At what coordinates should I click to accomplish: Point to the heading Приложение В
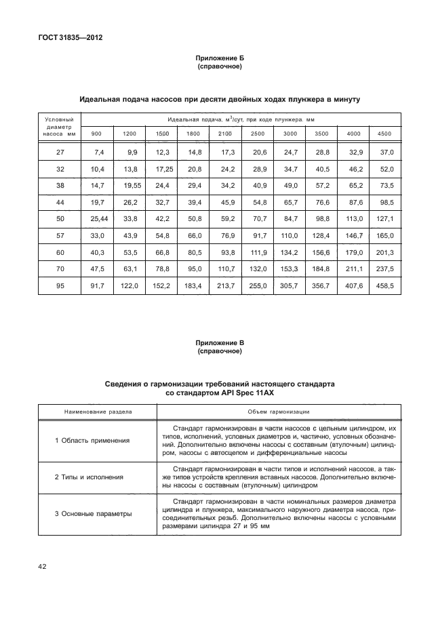[219, 344]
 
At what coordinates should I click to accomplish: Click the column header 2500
[258, 134]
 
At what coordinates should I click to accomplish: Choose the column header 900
[97, 134]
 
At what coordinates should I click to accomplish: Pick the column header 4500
[384, 134]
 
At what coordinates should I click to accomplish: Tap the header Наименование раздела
[98, 411]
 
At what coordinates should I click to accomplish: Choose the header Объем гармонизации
[279, 411]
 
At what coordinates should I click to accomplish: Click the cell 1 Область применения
[92, 441]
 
